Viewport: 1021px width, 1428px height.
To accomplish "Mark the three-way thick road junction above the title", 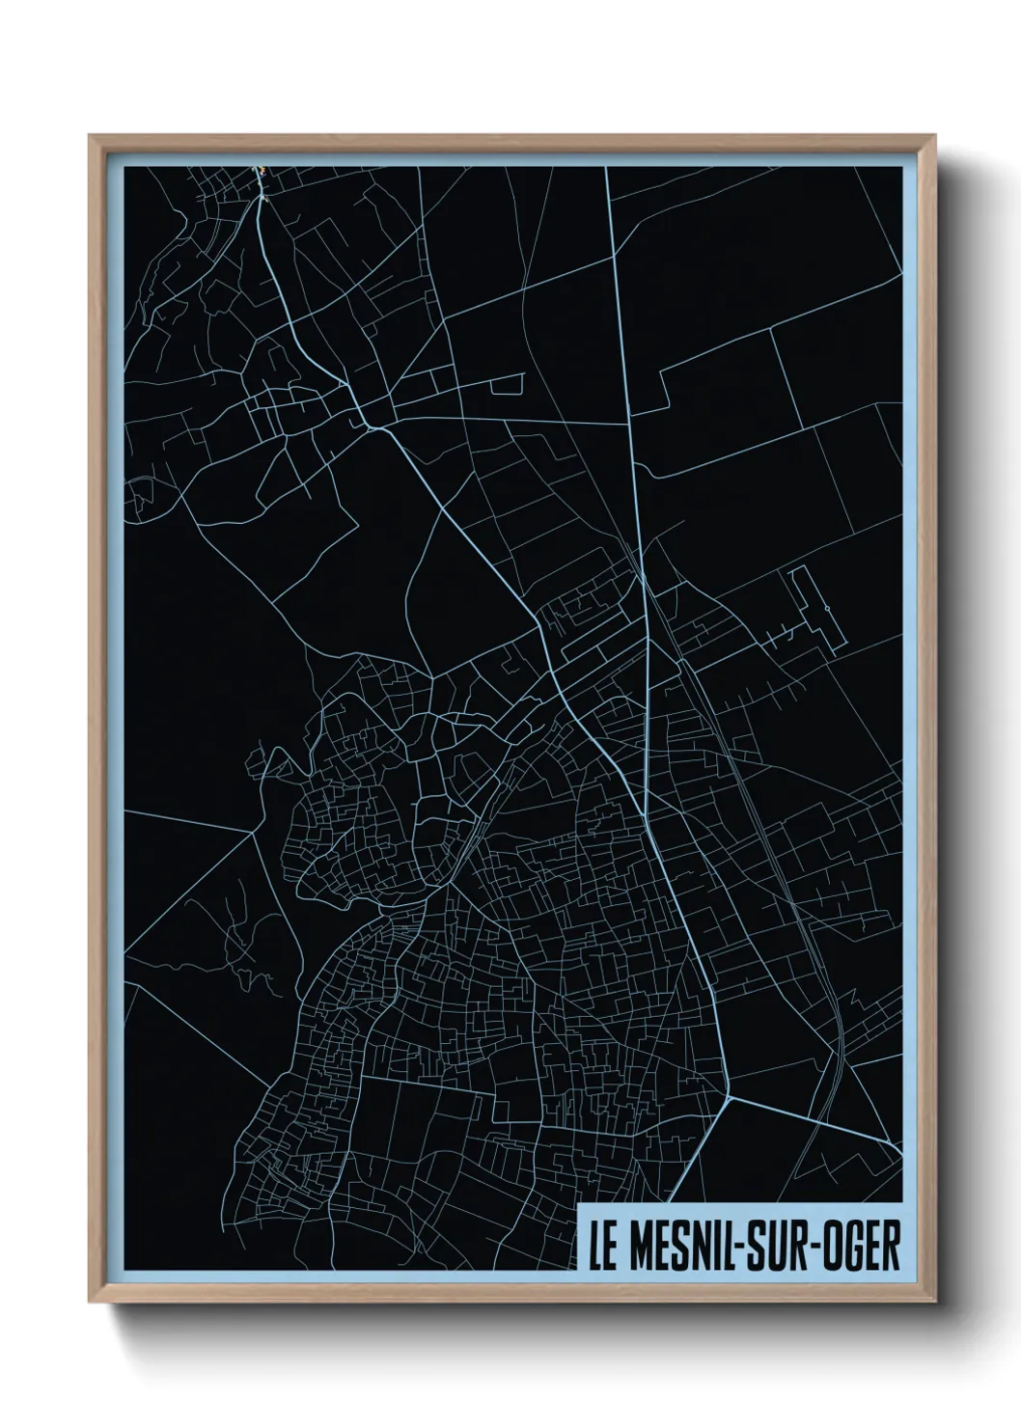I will pos(731,1097).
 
